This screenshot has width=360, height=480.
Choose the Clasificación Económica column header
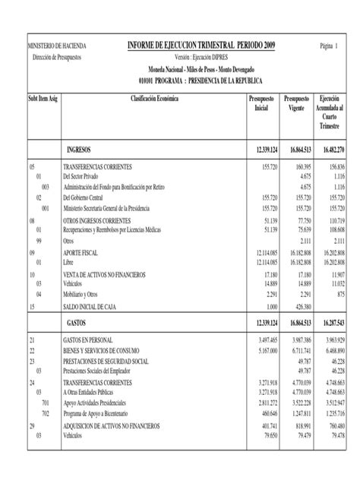(x=158, y=99)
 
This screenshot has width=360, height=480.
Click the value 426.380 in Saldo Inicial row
(x=300, y=307)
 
